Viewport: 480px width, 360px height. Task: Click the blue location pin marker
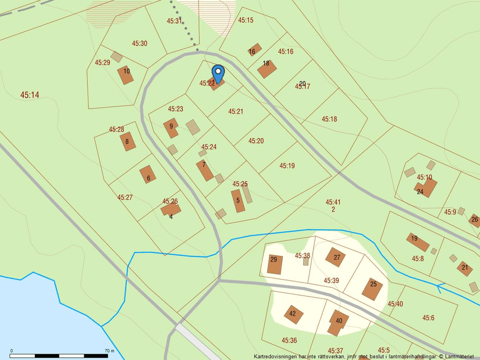pos(218,73)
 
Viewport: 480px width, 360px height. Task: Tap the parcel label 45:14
pos(30,94)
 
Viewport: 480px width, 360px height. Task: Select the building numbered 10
pos(126,74)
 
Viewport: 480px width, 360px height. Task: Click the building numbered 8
pos(128,141)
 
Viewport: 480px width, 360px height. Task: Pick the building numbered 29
pos(275,264)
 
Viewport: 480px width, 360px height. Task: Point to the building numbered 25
pos(372,288)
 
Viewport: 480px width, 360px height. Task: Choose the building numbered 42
pos(293,315)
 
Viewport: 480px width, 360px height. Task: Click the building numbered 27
pos(336,256)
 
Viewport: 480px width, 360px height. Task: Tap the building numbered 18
pos(266,69)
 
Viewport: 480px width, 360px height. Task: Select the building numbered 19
pos(417,240)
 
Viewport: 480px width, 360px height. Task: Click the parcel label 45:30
pos(140,44)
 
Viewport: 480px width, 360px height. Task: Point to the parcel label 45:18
pos(329,119)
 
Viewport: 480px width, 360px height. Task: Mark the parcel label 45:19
pos(287,166)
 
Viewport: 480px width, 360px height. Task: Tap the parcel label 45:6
pos(428,318)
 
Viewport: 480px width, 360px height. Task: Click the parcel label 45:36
pos(289,340)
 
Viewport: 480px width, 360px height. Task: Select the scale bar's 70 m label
pos(109,351)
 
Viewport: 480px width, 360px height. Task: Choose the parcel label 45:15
pos(246,20)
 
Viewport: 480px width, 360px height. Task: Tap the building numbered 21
pos(465,268)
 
